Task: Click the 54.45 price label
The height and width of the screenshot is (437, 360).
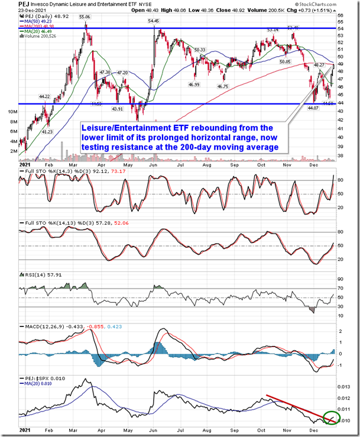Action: point(153,21)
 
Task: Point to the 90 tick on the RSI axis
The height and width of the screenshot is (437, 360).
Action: point(340,279)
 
